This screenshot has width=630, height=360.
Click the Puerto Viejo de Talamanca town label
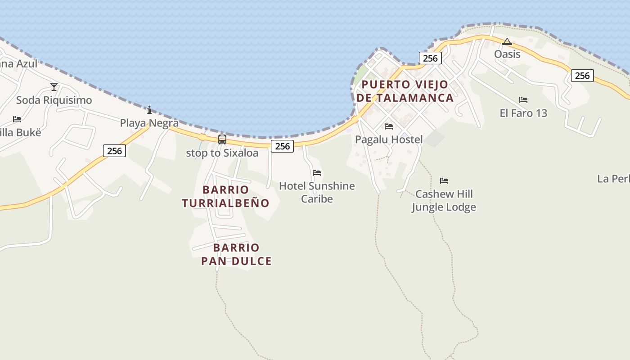(x=405, y=91)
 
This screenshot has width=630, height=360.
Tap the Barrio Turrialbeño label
(x=225, y=197)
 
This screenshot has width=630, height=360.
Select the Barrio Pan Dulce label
(x=236, y=254)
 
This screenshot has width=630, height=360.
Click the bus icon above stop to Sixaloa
(x=222, y=139)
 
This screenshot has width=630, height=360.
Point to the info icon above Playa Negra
(x=149, y=110)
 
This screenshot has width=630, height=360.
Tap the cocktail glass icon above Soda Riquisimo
(x=54, y=87)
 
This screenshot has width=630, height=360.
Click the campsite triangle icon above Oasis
(x=507, y=42)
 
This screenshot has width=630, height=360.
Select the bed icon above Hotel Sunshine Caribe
(x=317, y=173)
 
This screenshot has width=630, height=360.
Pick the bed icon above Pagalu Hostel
(x=389, y=126)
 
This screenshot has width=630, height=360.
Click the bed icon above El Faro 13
(x=523, y=100)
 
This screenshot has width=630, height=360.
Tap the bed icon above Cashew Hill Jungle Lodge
(x=444, y=181)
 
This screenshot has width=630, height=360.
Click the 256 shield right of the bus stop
(x=283, y=146)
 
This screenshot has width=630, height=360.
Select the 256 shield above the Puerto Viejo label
(x=430, y=58)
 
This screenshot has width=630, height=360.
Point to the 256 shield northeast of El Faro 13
(x=582, y=76)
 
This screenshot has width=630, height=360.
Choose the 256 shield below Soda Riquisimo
(x=114, y=151)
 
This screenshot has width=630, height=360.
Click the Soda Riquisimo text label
(x=54, y=100)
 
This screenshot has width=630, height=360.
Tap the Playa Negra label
(x=149, y=123)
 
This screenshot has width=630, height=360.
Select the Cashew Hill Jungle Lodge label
(x=444, y=201)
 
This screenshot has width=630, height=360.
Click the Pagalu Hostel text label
(x=389, y=139)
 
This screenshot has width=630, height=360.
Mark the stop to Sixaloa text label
(x=222, y=153)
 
